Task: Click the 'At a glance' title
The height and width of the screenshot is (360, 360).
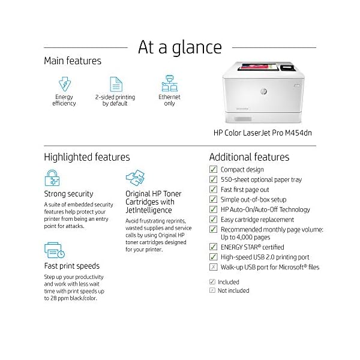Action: pos(180,47)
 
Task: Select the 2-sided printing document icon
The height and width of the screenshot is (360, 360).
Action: pos(115,83)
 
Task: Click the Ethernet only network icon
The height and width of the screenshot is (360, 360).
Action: pos(169,83)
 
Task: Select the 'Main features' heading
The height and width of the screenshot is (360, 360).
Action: pos(73,61)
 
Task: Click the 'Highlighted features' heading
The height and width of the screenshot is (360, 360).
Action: pos(87,157)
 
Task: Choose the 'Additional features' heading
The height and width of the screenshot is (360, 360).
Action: pos(249,157)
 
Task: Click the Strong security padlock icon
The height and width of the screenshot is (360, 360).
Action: pos(53,179)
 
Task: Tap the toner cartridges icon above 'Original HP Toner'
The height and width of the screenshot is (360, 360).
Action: pos(135,179)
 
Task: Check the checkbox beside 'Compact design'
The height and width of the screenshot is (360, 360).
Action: pos(213,170)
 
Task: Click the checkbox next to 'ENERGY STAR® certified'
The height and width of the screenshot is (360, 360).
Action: pos(213,247)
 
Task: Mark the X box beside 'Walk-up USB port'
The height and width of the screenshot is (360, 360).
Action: pos(213,267)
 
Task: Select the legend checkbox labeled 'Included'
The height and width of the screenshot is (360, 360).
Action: pos(212,281)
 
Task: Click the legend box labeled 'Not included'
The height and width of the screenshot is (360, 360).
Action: pos(212,290)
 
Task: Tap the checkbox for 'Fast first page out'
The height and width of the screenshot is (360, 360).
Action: pos(213,190)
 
